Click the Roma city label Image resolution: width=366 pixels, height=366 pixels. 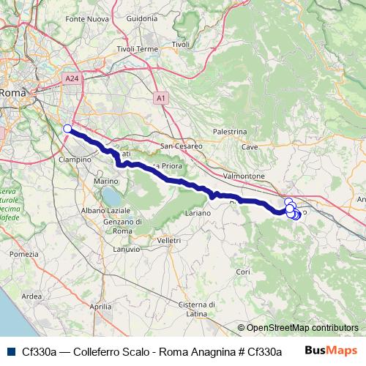pos(12,93)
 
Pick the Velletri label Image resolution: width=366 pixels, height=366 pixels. pos(168,240)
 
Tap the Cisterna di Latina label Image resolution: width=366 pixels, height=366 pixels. pos(193,309)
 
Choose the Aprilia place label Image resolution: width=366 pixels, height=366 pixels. pos(100,308)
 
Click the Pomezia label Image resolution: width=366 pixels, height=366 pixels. pos(23,254)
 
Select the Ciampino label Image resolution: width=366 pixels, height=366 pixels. pos(75,159)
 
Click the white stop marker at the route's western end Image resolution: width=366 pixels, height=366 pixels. pos(67,129)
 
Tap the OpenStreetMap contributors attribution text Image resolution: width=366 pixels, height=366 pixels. pos(302,328)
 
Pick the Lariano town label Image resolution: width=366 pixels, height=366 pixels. pos(197,212)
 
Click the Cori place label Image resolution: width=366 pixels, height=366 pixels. pos(244,272)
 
